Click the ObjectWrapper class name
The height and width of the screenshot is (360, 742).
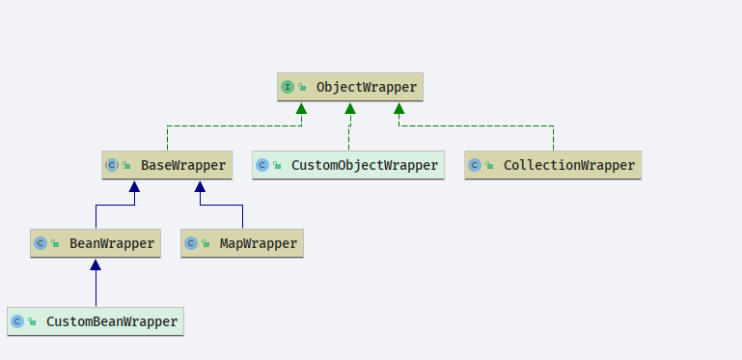click(367, 87)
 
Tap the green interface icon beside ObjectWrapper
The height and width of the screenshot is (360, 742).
click(288, 87)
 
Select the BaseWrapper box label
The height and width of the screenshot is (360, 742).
click(183, 166)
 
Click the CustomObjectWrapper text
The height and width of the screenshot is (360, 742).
click(365, 166)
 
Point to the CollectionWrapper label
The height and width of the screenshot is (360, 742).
click(569, 166)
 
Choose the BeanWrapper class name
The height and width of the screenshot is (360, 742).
click(112, 243)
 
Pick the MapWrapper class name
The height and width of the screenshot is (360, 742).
click(259, 243)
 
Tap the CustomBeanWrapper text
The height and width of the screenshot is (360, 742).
click(112, 321)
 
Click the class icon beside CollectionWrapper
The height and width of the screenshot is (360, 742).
click(475, 165)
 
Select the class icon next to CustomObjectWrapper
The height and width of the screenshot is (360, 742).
click(262, 165)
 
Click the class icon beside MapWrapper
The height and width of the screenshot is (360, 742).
click(191, 243)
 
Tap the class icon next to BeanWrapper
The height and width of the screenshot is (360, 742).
click(41, 243)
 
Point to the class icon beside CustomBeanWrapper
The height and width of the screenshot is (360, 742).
click(17, 321)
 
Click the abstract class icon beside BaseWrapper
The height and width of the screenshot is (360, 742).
click(112, 165)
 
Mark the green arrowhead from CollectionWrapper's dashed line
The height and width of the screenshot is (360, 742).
click(398, 108)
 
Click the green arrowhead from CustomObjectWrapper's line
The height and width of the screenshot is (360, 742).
click(350, 108)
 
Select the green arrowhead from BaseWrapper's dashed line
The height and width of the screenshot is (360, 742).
click(301, 108)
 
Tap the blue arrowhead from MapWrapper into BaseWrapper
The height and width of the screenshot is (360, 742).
click(200, 186)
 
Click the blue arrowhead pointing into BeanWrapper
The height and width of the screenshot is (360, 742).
click(96, 264)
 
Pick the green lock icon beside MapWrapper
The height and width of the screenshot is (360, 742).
click(206, 243)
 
